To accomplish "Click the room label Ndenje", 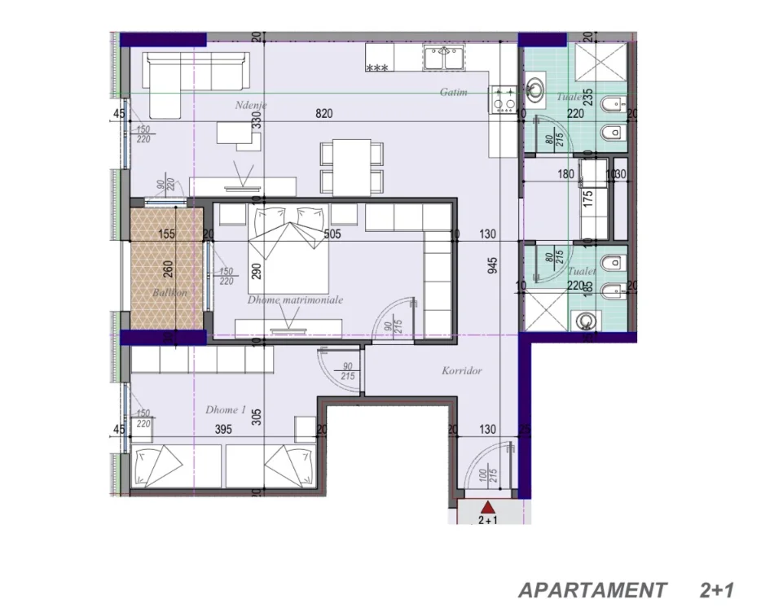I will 251,105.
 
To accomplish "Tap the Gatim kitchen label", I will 454,92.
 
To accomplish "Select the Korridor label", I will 462,370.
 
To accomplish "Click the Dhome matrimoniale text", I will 295,299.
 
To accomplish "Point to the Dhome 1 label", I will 226,410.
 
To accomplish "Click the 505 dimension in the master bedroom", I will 331,234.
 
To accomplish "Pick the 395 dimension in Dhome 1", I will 213,429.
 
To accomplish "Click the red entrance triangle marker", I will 488,508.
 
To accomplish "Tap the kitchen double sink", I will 442,57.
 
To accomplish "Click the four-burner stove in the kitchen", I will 502,99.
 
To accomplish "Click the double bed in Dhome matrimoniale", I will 289,252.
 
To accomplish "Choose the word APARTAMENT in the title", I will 591,589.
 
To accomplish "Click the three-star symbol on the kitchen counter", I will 377,68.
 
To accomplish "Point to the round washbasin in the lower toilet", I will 585,321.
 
